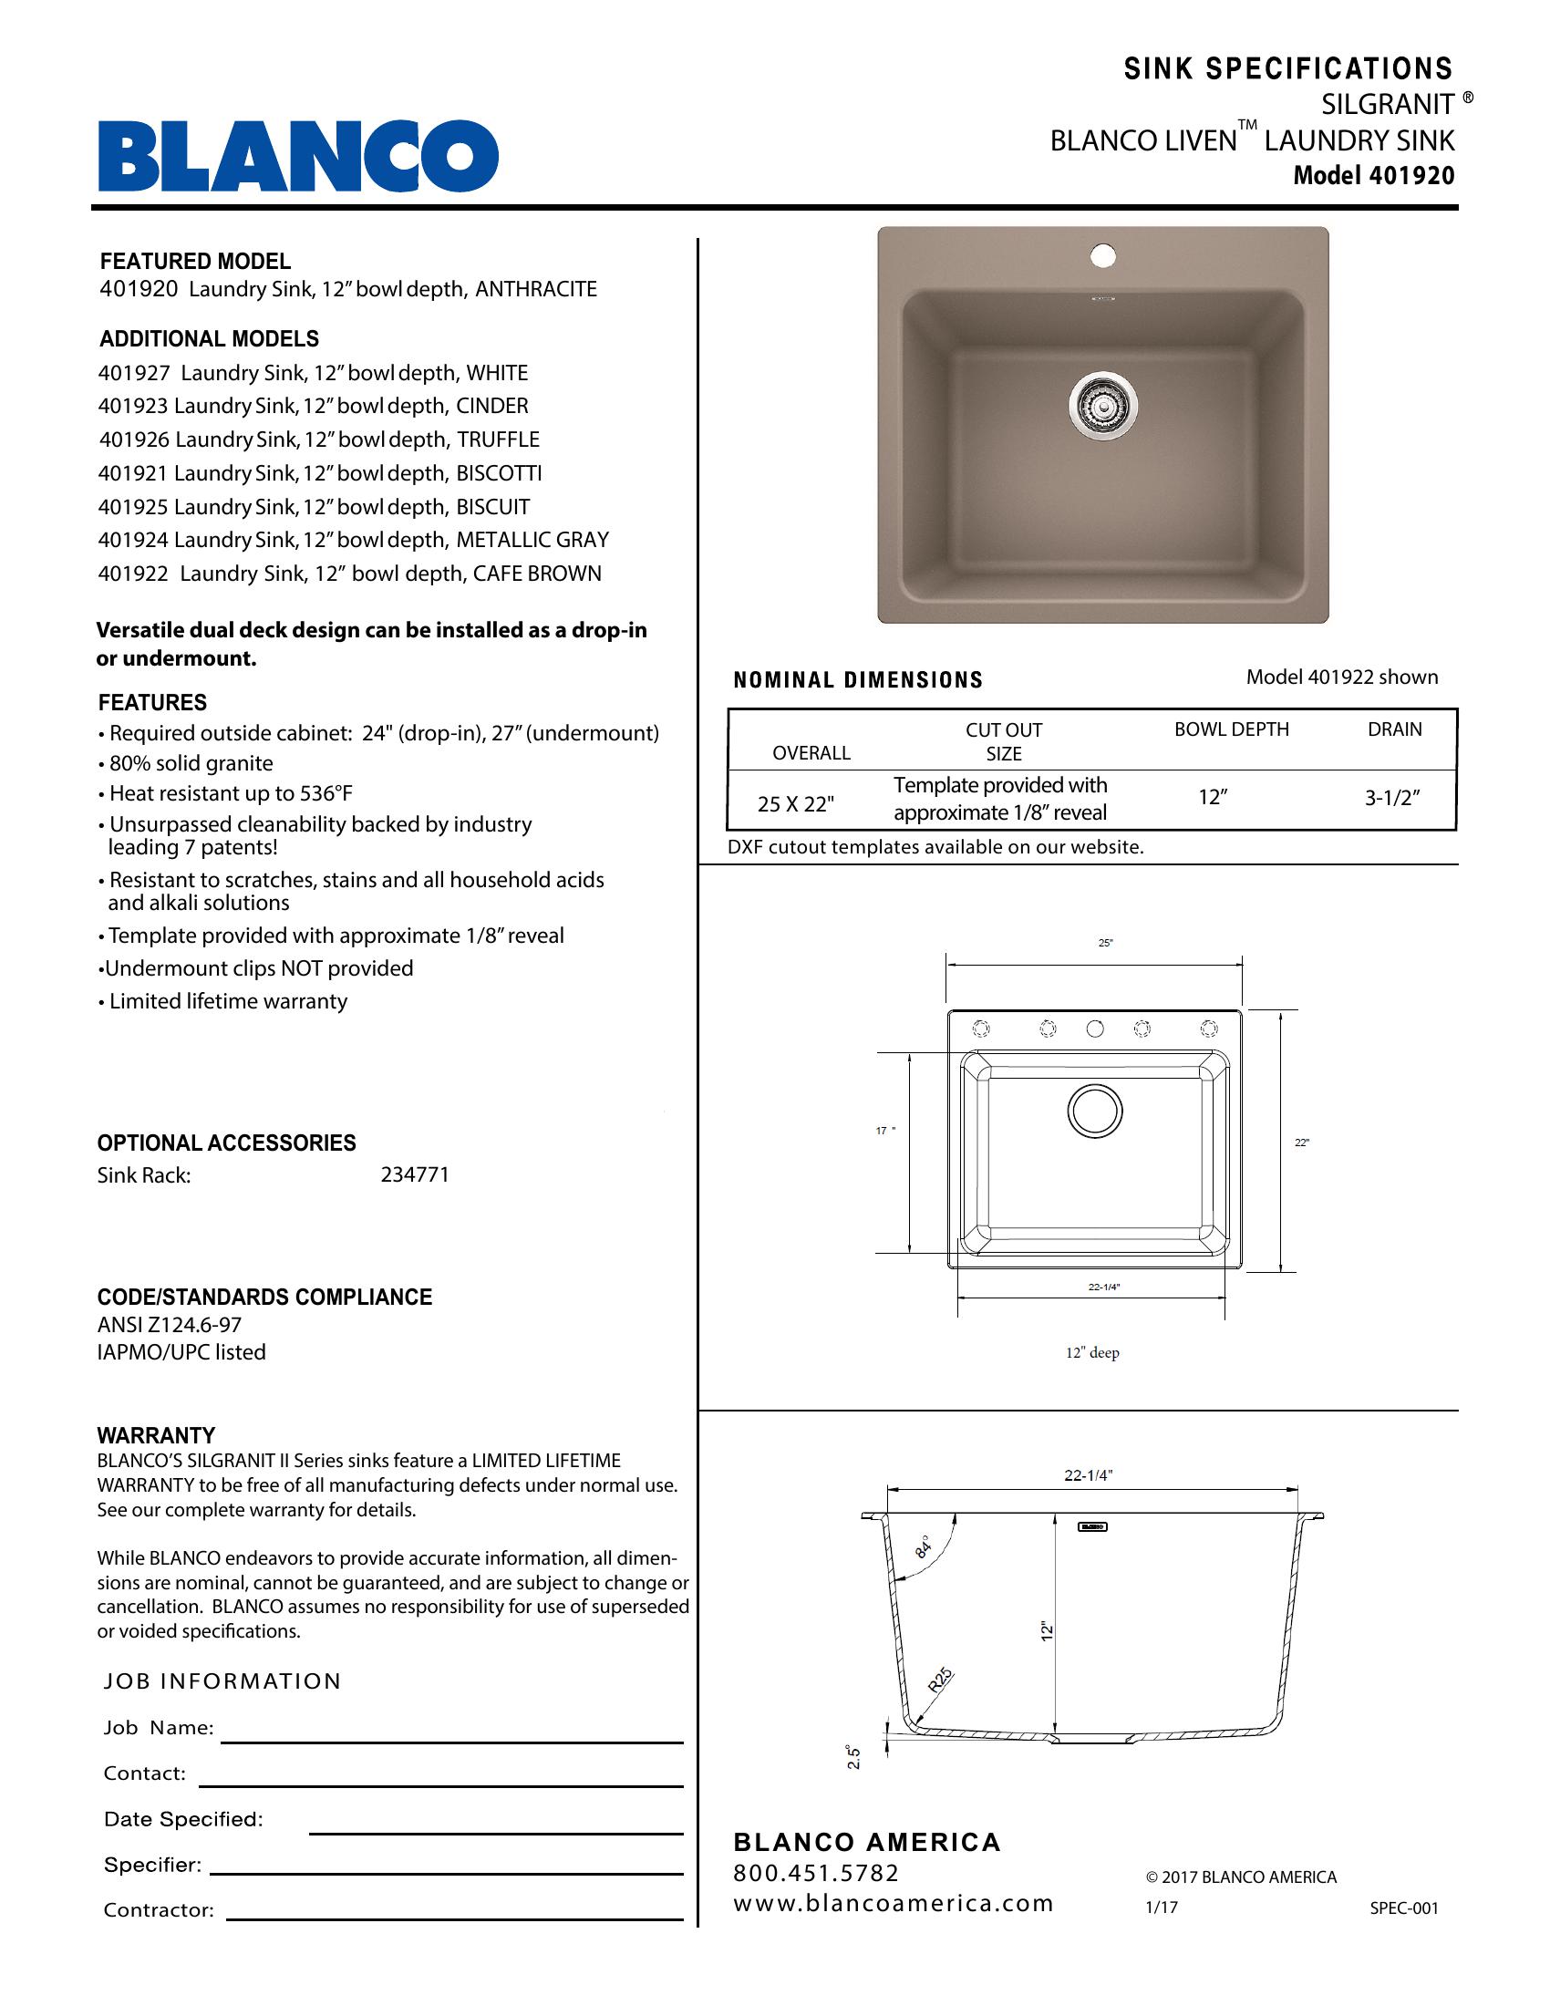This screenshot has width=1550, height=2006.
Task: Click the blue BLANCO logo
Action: tap(298, 155)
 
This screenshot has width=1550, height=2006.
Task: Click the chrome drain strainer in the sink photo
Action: tap(1103, 401)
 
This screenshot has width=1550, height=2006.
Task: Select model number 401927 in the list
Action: tap(134, 373)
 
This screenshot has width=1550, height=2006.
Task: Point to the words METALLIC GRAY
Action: tap(532, 540)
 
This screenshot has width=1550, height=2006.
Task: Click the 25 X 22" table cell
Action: tap(795, 803)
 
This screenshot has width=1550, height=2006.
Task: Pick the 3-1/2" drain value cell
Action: tap(1392, 797)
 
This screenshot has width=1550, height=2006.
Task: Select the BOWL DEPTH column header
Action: tap(1232, 729)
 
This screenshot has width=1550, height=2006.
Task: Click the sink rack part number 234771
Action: tap(415, 1174)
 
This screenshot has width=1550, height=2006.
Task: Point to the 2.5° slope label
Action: tap(853, 1756)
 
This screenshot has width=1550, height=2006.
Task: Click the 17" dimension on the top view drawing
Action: tap(884, 1131)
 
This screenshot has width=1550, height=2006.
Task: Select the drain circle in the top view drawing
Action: tap(1094, 1111)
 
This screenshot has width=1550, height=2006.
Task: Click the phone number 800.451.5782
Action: tap(816, 1873)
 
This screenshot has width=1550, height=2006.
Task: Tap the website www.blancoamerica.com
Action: tap(893, 1903)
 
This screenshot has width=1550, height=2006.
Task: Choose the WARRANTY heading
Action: tap(156, 1435)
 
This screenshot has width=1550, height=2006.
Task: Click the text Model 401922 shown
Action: tap(1341, 677)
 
